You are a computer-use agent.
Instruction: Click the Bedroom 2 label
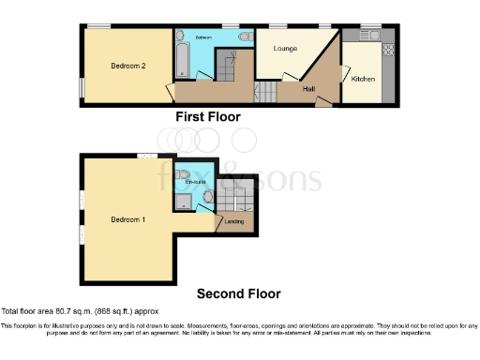click(128, 66)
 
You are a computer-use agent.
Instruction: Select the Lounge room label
click(285, 48)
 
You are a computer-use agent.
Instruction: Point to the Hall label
click(308, 88)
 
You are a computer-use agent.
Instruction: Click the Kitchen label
click(363, 80)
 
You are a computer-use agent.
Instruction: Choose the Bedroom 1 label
click(127, 219)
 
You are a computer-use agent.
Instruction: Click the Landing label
click(231, 222)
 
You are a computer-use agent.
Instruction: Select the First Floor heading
click(208, 117)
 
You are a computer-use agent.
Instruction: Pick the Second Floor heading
click(238, 293)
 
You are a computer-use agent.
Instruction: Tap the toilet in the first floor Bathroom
click(245, 37)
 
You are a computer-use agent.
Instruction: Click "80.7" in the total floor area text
click(69, 310)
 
